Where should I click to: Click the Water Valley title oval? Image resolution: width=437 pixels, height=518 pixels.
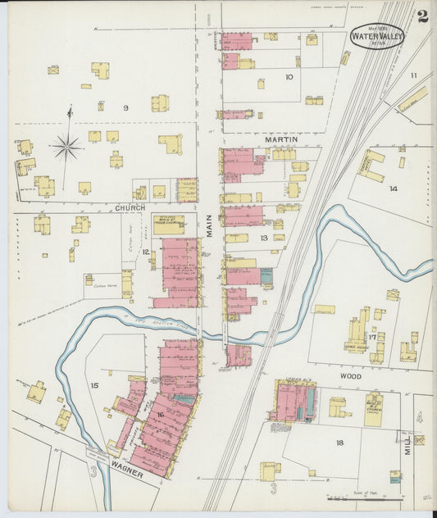(376, 35)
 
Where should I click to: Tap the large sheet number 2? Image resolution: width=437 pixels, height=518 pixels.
(422, 16)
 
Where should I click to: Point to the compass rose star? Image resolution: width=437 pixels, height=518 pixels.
(66, 148)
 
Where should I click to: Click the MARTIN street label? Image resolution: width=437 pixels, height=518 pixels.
(280, 140)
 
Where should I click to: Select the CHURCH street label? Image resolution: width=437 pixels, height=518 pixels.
(130, 207)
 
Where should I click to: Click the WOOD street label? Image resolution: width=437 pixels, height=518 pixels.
(347, 376)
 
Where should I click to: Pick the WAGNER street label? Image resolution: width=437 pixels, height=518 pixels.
(128, 474)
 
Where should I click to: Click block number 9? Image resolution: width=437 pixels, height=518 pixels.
(125, 108)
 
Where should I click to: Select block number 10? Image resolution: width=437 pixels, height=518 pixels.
(289, 77)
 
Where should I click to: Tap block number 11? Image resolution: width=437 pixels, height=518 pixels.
(414, 75)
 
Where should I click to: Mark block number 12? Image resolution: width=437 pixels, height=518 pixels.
(145, 252)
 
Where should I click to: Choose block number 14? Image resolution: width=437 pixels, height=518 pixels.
(394, 189)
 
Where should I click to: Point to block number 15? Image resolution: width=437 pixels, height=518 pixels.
(94, 384)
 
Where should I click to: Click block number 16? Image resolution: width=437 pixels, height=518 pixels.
(161, 416)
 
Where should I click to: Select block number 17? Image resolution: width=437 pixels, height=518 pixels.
(372, 335)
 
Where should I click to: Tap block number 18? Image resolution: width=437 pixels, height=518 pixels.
(339, 443)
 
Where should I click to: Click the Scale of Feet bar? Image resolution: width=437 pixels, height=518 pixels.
(365, 498)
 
